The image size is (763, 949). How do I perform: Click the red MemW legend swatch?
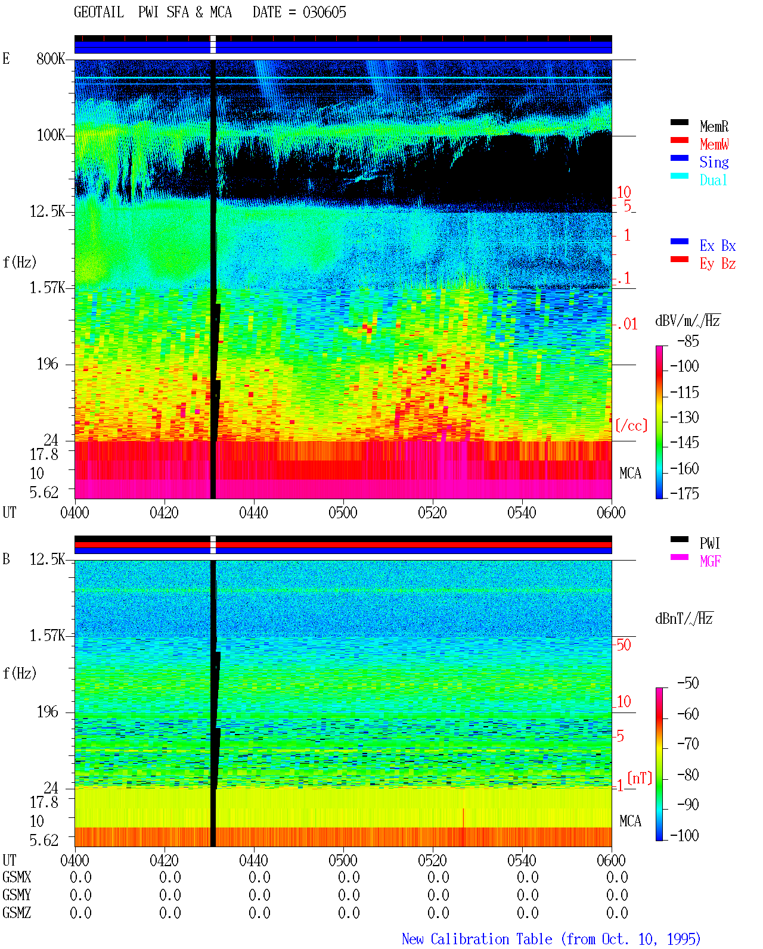(679, 140)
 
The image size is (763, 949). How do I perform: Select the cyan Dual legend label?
(713, 180)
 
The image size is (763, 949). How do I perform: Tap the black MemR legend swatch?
(679, 122)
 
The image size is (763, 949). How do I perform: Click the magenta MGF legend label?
(710, 561)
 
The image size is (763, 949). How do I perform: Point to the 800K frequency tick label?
(51, 58)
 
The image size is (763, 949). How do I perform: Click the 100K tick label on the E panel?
(51, 135)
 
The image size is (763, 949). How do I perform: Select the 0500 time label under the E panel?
(343, 512)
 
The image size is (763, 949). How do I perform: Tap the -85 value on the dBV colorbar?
(688, 341)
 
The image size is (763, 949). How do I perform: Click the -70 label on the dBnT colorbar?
(688, 744)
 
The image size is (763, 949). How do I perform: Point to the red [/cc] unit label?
(631, 425)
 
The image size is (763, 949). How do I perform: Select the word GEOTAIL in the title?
(99, 13)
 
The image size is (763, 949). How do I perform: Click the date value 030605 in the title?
(324, 13)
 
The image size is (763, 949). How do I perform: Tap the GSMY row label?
(17, 895)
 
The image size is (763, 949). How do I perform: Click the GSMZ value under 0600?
(617, 913)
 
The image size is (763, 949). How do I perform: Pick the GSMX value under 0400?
(80, 877)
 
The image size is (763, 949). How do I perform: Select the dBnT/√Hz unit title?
(684, 618)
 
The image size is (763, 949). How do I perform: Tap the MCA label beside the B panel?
(630, 821)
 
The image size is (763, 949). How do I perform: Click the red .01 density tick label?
(626, 324)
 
